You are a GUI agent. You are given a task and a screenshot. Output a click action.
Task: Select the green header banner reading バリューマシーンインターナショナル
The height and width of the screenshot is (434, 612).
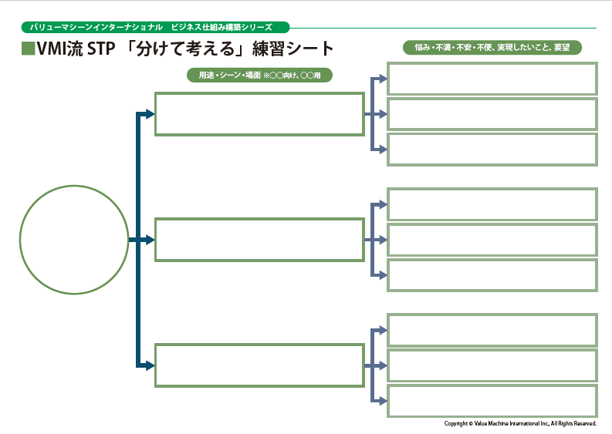tap(154, 27)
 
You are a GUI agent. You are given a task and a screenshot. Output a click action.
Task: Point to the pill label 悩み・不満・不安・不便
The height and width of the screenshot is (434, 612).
tap(492, 47)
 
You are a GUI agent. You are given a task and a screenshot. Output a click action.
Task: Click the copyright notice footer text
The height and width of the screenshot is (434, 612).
tap(520, 423)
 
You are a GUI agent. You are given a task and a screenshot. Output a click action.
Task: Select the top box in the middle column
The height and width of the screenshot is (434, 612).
tap(259, 114)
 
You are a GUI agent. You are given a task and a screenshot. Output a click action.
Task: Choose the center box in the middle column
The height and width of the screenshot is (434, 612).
tap(259, 240)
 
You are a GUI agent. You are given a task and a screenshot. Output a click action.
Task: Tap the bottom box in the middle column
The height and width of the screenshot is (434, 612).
tap(259, 365)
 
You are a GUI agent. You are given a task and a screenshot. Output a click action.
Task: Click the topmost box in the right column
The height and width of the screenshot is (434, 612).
tap(492, 79)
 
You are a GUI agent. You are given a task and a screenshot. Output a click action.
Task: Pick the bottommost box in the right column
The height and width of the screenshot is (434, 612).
tap(492, 401)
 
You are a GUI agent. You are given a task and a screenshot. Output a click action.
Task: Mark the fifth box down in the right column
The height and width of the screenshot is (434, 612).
tap(492, 240)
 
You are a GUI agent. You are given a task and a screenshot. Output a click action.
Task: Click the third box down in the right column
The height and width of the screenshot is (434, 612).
tap(492, 150)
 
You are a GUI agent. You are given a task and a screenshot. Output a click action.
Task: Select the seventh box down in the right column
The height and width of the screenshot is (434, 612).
tap(492, 330)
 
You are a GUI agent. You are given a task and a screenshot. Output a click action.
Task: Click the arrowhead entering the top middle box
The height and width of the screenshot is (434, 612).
tap(150, 114)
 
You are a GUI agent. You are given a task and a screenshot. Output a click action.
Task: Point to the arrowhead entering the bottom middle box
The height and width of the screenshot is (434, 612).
tap(150, 365)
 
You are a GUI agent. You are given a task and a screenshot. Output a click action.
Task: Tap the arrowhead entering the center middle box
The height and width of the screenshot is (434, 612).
tap(150, 240)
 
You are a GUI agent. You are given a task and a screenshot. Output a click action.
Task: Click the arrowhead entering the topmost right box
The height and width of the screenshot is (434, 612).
tap(382, 79)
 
